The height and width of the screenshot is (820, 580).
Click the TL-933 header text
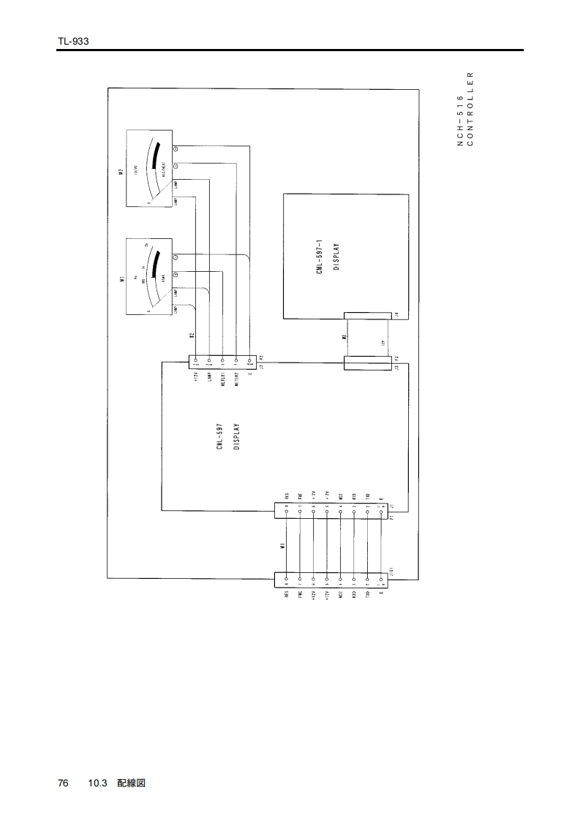(73, 42)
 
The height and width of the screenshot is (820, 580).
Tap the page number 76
(63, 783)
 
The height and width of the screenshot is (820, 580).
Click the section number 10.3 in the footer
(98, 783)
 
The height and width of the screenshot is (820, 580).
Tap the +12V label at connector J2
(196, 379)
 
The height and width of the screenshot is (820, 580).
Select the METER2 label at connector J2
(237, 380)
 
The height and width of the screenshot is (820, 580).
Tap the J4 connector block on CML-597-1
(370, 316)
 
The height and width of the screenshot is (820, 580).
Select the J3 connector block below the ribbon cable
(370, 362)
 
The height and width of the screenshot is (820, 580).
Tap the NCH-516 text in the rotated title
(459, 121)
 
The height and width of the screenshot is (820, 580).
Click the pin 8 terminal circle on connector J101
(287, 580)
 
